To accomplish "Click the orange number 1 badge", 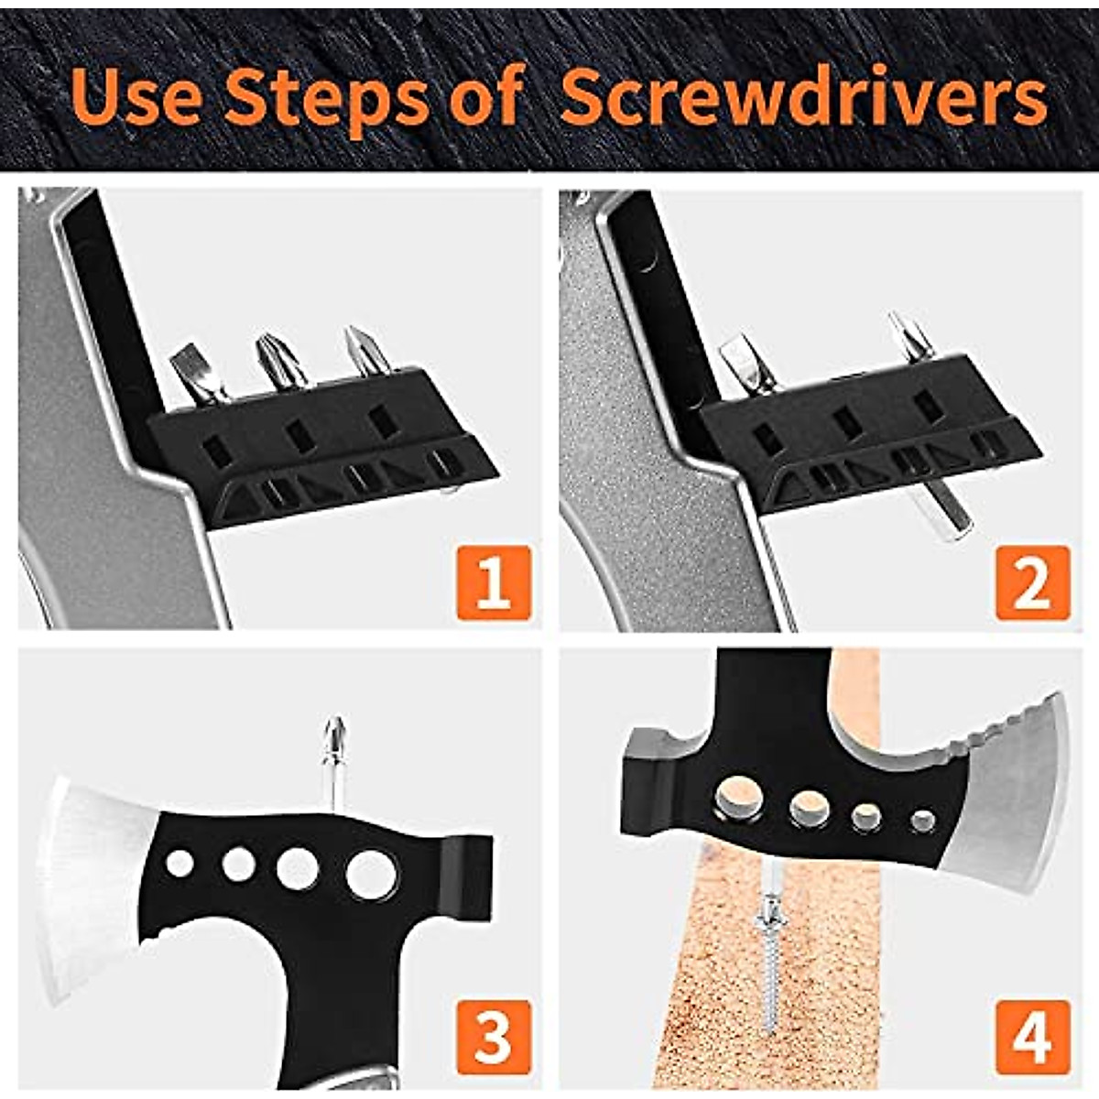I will pos(493,582).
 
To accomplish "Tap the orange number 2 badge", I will pos(1032,582).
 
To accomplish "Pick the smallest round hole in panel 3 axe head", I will pos(180,863).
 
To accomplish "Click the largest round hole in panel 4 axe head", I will pos(739,796).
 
